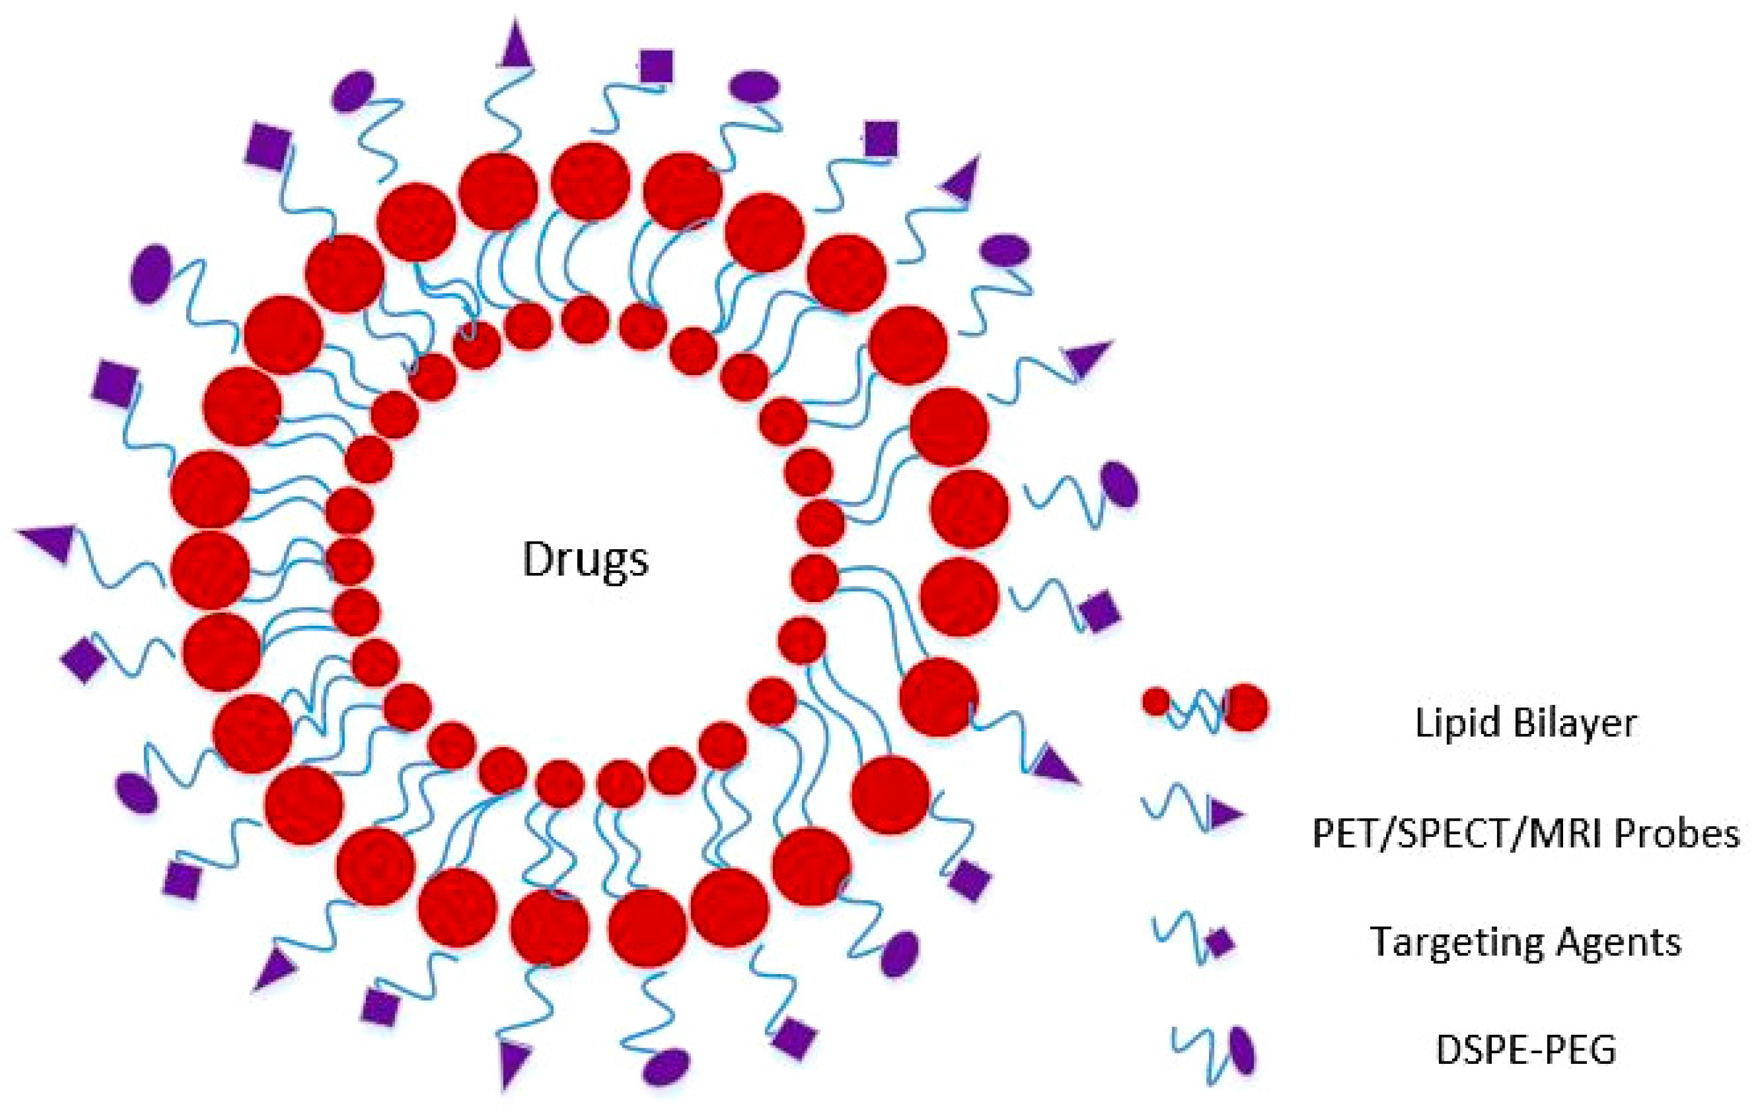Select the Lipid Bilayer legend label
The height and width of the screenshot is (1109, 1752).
click(x=1525, y=723)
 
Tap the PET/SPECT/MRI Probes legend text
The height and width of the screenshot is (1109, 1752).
click(x=1525, y=833)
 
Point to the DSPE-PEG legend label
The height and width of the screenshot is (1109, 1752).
click(x=1526, y=1050)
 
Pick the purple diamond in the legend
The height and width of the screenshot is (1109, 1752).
click(x=1220, y=943)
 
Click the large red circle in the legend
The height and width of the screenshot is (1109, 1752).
click(x=1247, y=707)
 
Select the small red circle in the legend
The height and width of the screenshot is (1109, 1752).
click(x=1156, y=701)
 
